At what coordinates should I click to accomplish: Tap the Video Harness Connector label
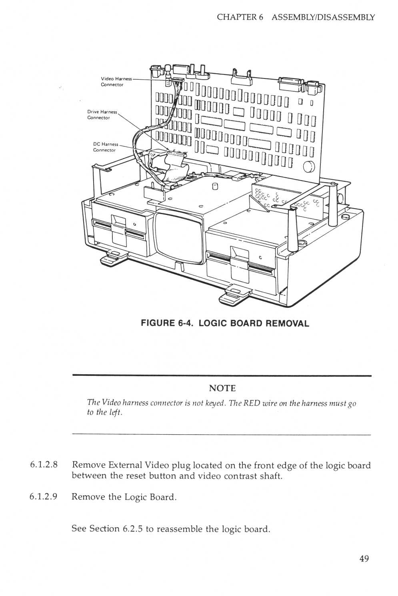[116, 82]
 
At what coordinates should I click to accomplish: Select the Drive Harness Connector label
[102, 114]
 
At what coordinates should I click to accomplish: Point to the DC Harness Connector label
[105, 147]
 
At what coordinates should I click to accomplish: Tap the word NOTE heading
[222, 388]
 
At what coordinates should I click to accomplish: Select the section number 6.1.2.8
[44, 465]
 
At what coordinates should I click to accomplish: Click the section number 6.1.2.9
[44, 497]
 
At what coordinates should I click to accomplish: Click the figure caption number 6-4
[185, 323]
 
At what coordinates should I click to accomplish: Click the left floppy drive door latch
[119, 229]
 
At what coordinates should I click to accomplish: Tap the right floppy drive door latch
[239, 260]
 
